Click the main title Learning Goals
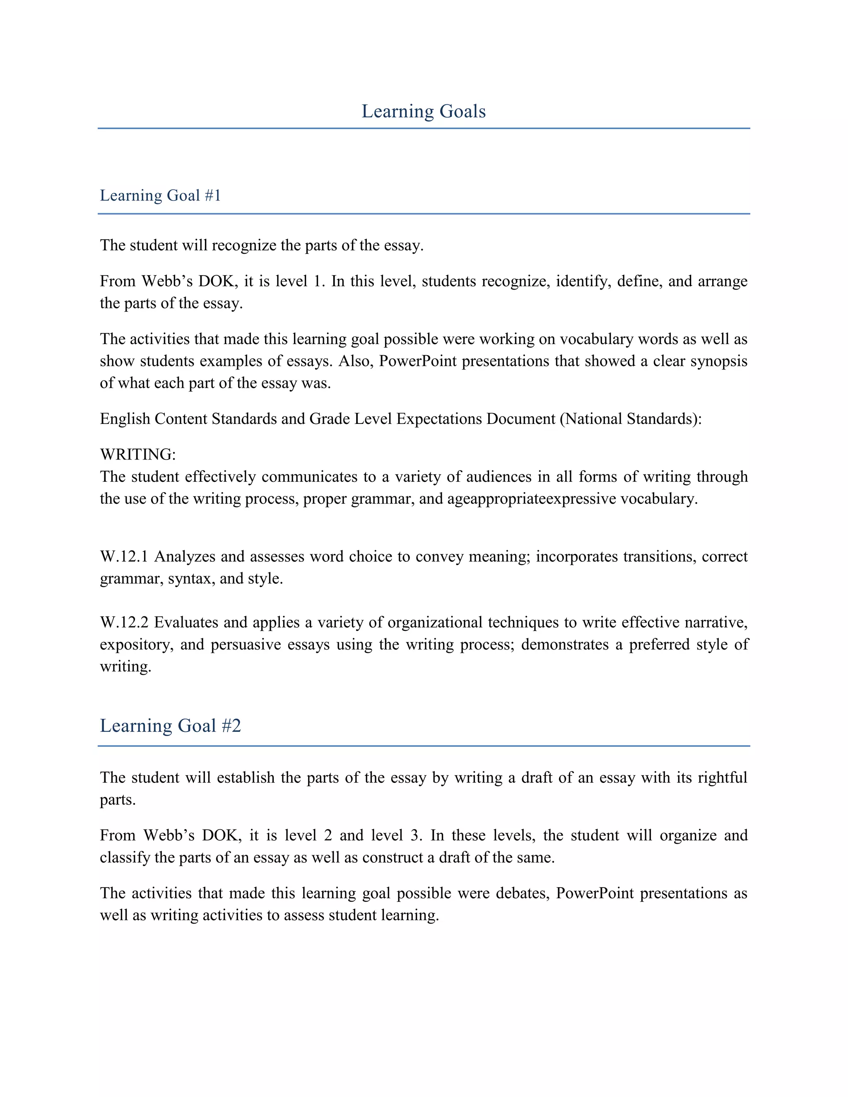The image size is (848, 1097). tap(424, 111)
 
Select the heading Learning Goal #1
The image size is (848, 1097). tap(160, 195)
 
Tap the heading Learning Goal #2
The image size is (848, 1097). tap(170, 726)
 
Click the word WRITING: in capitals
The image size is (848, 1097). tap(137, 455)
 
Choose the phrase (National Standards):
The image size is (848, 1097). tap(631, 419)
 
